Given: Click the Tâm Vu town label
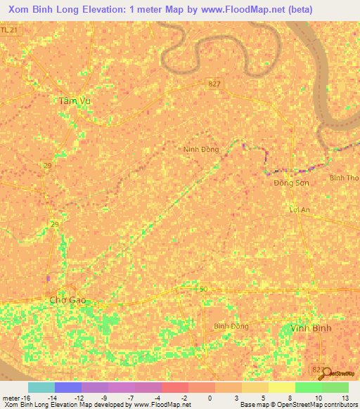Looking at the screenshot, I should pyautogui.click(x=75, y=101).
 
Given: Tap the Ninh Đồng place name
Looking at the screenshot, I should pyautogui.click(x=201, y=150).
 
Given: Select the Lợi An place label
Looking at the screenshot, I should pyautogui.click(x=300, y=210).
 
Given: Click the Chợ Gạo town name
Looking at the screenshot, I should pyautogui.click(x=67, y=300).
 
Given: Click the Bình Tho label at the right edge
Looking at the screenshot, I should pyautogui.click(x=345, y=178).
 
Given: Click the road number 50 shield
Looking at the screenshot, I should pyautogui.click(x=204, y=290).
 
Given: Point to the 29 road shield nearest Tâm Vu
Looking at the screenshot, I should pyautogui.click(x=47, y=165).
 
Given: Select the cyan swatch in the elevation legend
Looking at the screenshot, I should pyautogui.click(x=41, y=387).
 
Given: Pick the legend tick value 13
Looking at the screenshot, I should pyautogui.click(x=345, y=398).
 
